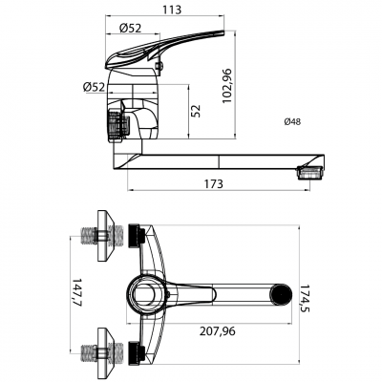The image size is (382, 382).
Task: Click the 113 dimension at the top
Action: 172,10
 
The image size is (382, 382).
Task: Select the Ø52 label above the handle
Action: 130,28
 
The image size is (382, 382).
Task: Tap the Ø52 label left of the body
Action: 94,87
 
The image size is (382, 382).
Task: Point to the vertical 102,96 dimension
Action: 227,86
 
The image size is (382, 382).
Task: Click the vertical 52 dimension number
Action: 197,111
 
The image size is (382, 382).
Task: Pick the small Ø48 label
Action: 292,121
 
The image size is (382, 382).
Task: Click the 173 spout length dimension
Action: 214,183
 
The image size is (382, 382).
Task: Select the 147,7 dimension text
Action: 77,293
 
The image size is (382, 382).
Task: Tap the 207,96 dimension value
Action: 218,331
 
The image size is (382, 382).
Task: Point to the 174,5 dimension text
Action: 305,298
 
